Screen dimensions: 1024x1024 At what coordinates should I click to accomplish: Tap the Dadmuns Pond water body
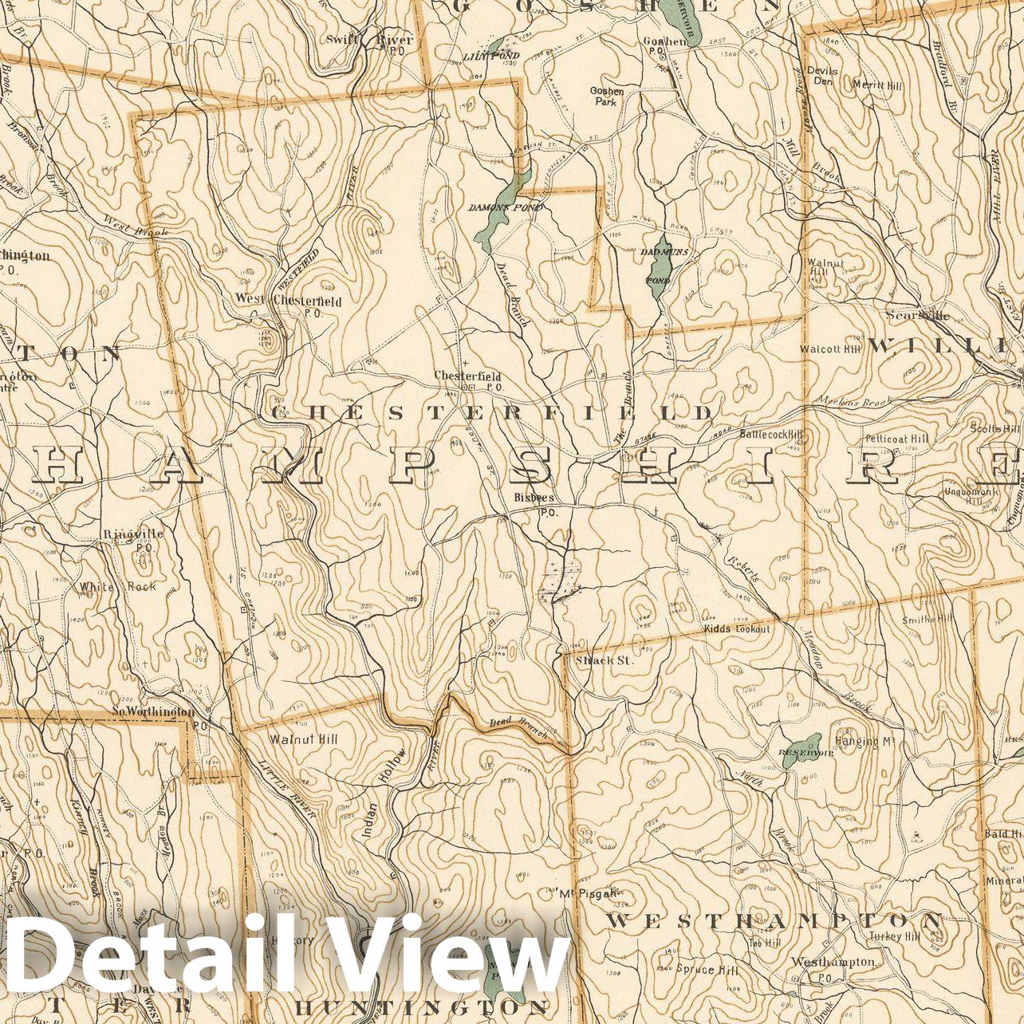click(660, 267)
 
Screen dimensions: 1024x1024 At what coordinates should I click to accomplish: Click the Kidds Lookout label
click(737, 629)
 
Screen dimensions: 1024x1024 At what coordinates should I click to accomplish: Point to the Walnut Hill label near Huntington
click(303, 739)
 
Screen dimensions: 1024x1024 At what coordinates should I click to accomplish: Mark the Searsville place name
click(917, 316)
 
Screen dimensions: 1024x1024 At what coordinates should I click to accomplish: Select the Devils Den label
click(822, 75)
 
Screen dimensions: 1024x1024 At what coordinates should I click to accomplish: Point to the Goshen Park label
click(607, 96)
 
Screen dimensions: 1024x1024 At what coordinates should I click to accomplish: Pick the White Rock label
click(117, 587)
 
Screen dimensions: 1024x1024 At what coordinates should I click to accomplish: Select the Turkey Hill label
click(896, 936)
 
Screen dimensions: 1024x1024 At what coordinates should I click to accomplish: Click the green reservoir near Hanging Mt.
click(801, 750)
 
